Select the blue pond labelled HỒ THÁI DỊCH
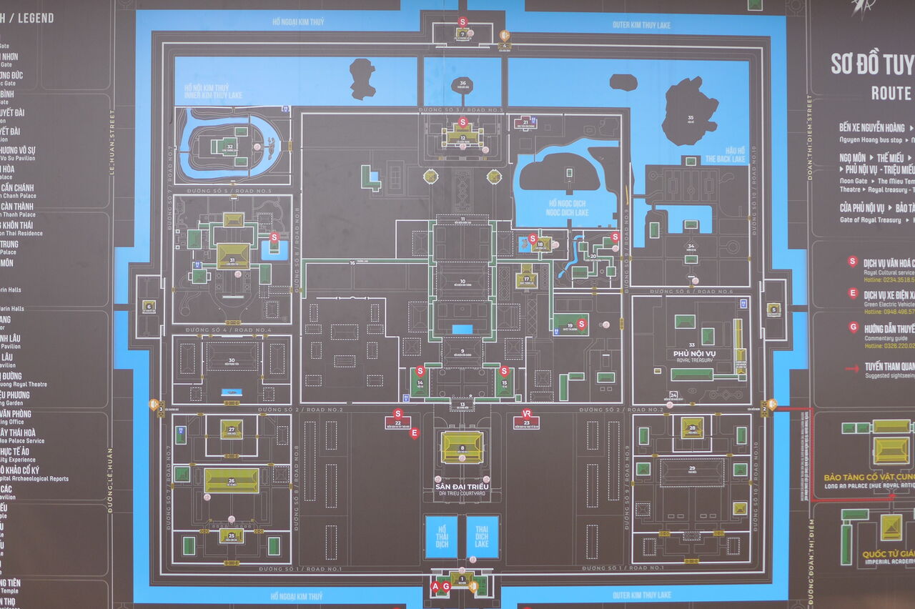point(441,537)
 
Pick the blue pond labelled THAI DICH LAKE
point(483,537)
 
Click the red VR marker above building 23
point(527,413)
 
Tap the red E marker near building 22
point(413,432)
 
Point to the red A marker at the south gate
point(435,586)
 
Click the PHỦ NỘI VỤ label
point(694,354)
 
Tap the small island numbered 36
point(463,84)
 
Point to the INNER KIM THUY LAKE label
point(214,94)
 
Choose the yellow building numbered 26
point(232,480)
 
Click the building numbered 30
point(232,356)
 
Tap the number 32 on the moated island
point(230,147)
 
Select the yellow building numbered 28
point(692,427)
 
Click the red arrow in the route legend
point(851,368)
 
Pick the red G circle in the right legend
point(853,327)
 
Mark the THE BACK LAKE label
point(726,159)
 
